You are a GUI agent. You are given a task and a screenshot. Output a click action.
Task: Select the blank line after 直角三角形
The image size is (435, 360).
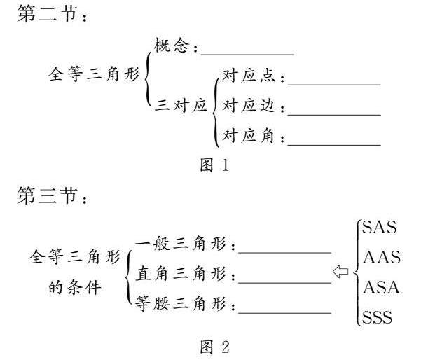[284, 282]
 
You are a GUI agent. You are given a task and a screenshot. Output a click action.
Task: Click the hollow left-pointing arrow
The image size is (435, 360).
[341, 271]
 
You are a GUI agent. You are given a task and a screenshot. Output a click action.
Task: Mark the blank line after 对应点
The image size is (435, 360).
[334, 84]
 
